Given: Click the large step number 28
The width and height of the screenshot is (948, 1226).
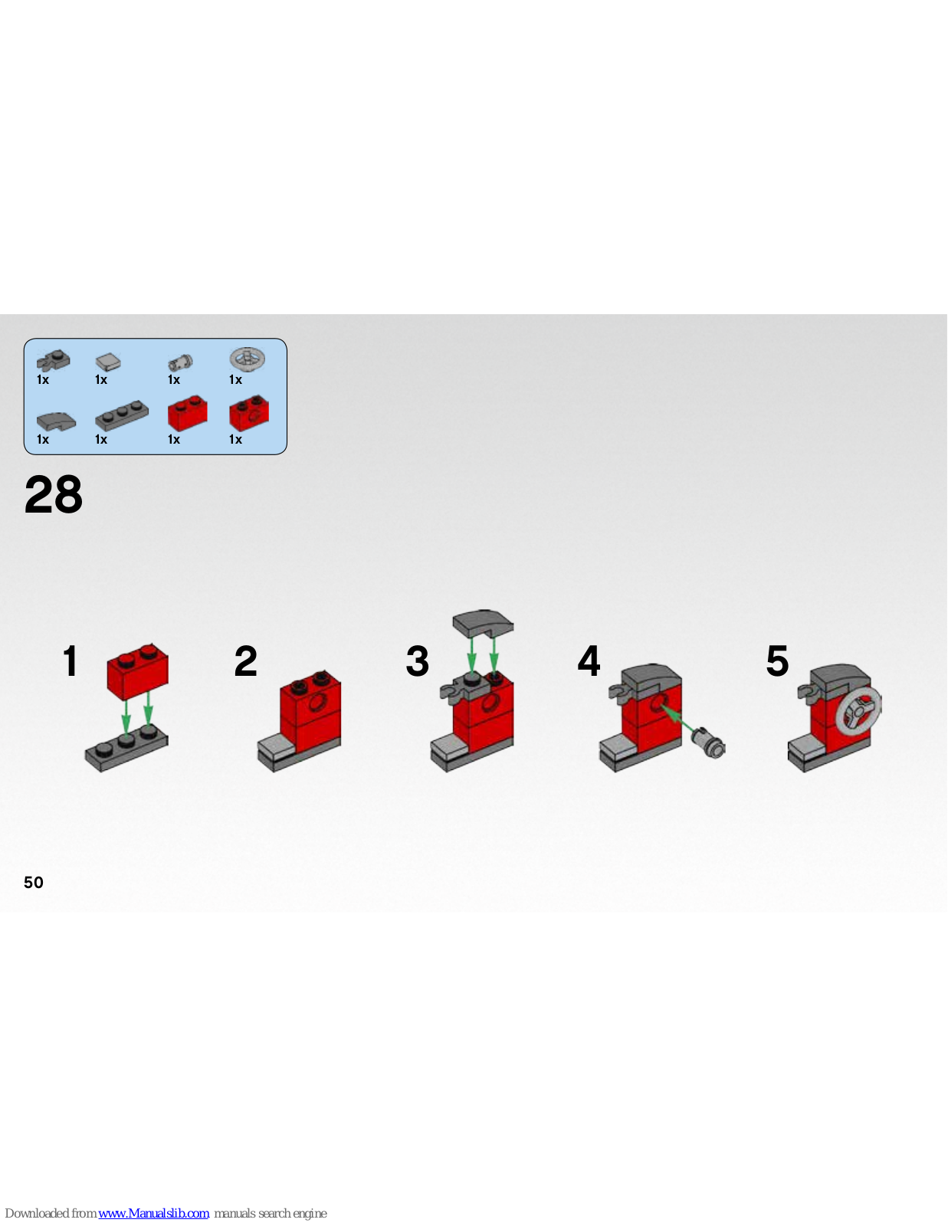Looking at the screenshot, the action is [54, 494].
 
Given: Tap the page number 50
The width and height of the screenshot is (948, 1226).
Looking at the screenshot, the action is [34, 883].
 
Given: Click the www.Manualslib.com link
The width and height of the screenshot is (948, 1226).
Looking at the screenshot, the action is [153, 1213].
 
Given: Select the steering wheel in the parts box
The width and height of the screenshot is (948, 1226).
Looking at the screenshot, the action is [248, 359].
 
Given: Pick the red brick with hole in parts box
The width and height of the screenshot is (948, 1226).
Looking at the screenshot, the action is [249, 414].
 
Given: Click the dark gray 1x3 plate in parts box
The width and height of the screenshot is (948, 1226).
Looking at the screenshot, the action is [122, 416].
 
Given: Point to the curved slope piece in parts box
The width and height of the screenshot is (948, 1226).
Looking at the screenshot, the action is [56, 421].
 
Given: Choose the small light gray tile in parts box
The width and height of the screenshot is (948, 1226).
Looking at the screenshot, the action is [108, 361].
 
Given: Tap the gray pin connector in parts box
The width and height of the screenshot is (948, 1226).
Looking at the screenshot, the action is [181, 362].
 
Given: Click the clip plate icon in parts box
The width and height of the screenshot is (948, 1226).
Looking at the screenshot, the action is [53, 360].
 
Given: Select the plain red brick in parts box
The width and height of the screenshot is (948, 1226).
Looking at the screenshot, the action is [187, 413].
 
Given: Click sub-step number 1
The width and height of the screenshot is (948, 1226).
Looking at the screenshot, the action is [70, 661].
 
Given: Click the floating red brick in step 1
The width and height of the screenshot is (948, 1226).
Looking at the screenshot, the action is [138, 672].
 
